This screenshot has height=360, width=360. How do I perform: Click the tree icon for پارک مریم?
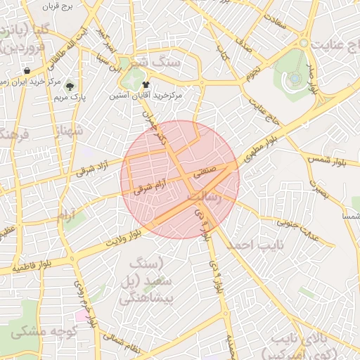[x=69, y=86]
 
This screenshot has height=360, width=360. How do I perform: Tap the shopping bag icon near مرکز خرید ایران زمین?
[x=27, y=70]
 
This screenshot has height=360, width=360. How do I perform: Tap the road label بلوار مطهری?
[x=262, y=149]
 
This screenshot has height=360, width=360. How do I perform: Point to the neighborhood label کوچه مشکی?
[x=35, y=330]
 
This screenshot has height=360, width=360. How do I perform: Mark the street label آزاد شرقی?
[x=95, y=166]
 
